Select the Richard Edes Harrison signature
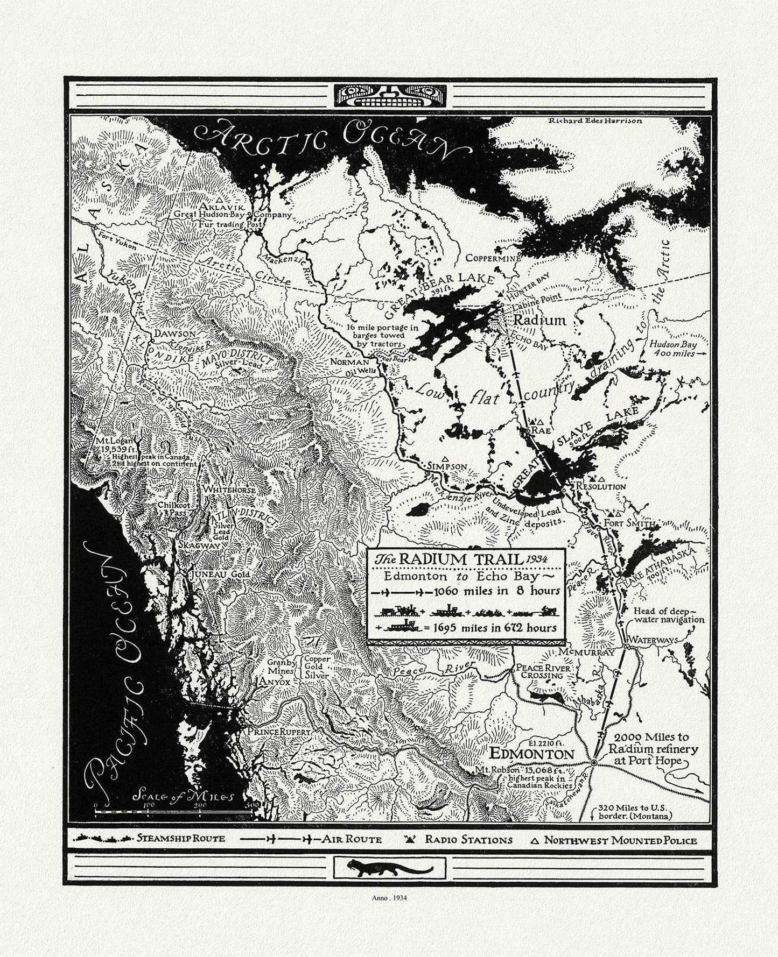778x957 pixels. click(x=595, y=121)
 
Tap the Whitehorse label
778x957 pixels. click(x=222, y=490)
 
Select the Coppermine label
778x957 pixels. click(x=493, y=258)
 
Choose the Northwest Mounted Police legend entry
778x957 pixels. click(x=619, y=840)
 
